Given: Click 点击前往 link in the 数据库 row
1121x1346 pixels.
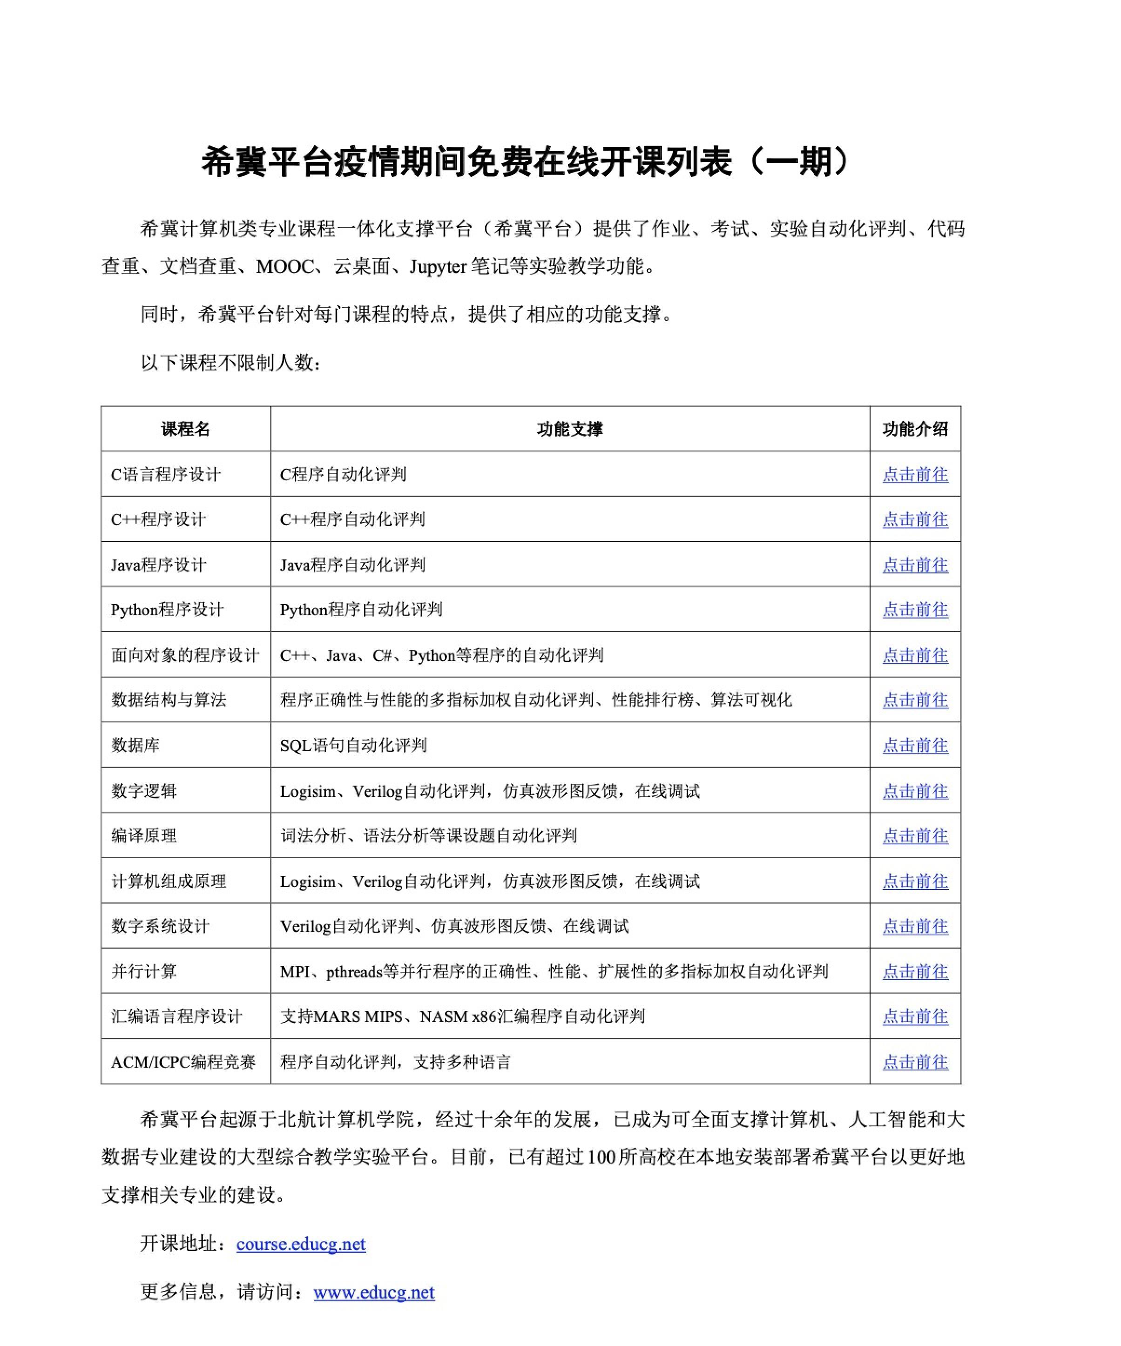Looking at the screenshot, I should tap(915, 746).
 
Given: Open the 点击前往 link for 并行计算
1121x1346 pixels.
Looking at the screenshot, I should tap(915, 972).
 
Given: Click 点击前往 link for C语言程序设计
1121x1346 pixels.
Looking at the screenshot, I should tap(915, 474).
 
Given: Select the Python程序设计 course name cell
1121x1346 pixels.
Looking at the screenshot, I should tap(167, 610).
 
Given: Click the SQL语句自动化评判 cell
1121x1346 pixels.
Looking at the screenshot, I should tap(353, 746).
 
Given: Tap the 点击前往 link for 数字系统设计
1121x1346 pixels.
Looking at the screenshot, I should tap(915, 926).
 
